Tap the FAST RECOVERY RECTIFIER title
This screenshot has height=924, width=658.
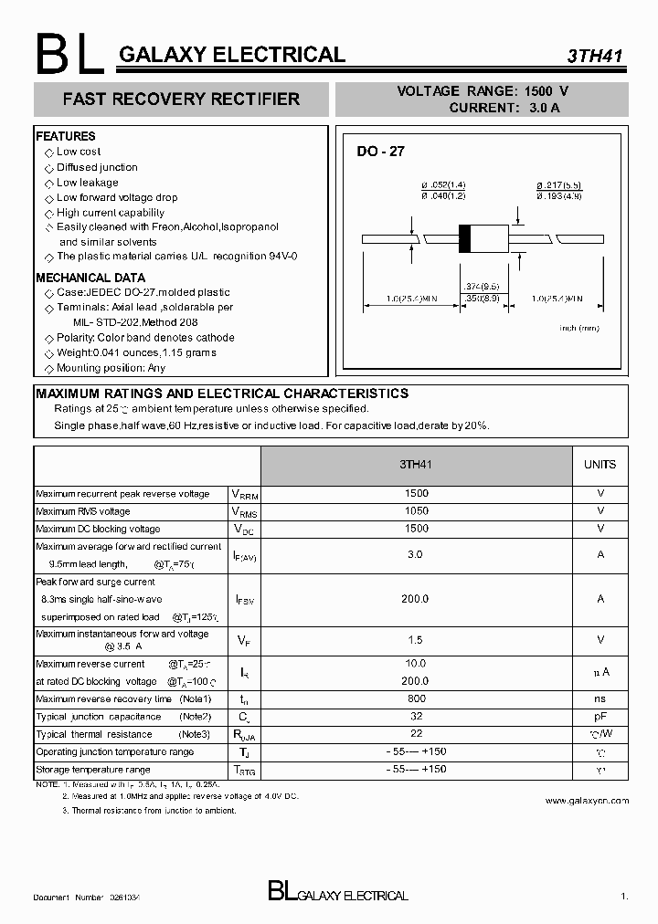click(x=181, y=99)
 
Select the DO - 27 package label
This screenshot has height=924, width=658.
click(x=380, y=152)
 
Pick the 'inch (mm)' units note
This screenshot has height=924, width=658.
click(x=579, y=327)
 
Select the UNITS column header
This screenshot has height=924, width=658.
click(x=600, y=465)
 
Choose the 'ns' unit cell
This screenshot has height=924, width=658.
click(x=600, y=699)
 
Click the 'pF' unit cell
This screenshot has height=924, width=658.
click(x=600, y=717)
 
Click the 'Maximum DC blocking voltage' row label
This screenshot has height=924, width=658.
click(x=98, y=530)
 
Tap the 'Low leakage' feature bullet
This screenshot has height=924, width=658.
click(x=87, y=183)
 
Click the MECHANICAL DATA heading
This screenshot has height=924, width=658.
click(x=90, y=278)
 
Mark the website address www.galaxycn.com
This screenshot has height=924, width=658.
click(x=587, y=801)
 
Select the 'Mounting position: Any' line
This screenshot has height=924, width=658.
click(x=111, y=368)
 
